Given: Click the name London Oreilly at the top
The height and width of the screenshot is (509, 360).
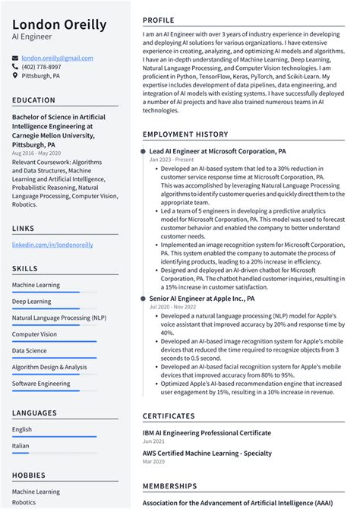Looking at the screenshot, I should [59, 24].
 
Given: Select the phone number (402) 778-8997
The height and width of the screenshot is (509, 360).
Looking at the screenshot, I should [43, 67].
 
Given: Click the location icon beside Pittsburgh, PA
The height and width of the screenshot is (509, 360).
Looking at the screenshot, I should [15, 76].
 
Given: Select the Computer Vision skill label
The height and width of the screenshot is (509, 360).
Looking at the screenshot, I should [34, 334].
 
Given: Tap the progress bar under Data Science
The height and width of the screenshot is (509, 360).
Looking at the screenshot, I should [54, 358].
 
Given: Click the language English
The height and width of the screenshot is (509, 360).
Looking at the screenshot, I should [22, 429].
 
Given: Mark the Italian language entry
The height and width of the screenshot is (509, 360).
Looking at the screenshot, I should [21, 446].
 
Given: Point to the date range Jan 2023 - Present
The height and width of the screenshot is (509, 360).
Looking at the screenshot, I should [171, 160].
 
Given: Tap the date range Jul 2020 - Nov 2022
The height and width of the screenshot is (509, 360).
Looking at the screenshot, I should [173, 308].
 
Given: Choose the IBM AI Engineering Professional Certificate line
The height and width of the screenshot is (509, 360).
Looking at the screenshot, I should [207, 433].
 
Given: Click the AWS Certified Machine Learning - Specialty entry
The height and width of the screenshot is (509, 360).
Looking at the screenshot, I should [206, 453].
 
